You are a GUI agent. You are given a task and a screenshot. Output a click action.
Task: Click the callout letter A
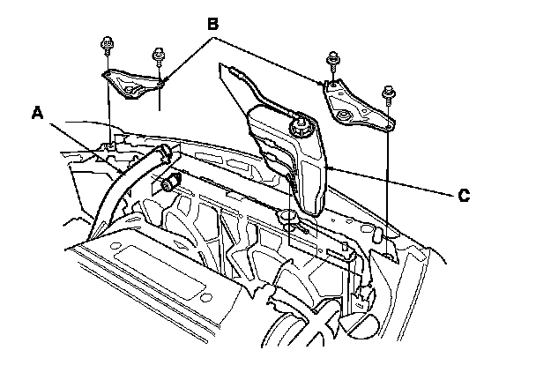pyautogui.click(x=37, y=113)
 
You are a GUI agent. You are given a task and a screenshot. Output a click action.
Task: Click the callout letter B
pyautogui.click(x=212, y=26)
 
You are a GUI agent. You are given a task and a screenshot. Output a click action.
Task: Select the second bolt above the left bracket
pyautogui.click(x=160, y=56)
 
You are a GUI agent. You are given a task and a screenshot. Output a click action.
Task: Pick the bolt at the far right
pyautogui.click(x=389, y=92)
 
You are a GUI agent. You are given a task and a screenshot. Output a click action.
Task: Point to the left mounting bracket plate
pyautogui.click(x=132, y=84)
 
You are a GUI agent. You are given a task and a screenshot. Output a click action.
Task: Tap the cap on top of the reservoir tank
pyautogui.click(x=301, y=126)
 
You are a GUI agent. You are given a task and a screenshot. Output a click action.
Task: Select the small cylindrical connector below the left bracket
pyautogui.click(x=167, y=183)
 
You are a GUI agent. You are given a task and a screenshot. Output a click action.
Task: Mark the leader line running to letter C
pyautogui.click(x=397, y=181)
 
